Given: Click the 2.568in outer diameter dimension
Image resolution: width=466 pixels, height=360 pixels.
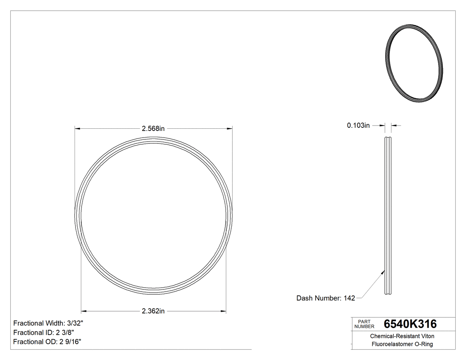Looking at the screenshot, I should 153,129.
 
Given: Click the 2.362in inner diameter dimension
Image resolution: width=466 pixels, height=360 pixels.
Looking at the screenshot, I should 153,311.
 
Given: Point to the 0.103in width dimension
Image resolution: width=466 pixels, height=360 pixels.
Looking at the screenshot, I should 358,126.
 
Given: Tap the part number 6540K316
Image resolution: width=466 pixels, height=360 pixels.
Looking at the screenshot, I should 410,324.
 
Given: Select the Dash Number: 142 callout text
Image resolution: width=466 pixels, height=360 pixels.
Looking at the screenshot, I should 325,298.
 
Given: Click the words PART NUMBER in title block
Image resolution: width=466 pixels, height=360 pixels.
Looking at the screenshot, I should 365,324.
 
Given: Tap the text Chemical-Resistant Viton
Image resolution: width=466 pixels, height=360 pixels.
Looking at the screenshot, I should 402,336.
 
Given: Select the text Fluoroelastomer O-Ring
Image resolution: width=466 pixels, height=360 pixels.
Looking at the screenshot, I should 402,344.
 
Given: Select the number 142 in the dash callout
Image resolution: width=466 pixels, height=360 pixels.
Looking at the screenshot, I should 349,298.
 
